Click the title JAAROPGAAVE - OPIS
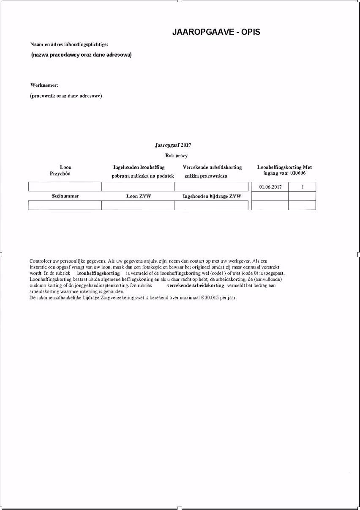tap(216, 32)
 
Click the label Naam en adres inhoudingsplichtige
tap(70, 44)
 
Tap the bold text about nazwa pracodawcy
tap(82, 55)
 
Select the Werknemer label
tap(44, 85)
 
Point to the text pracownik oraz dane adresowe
tap(66, 96)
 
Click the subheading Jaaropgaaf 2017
tap(173, 145)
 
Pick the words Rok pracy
tap(176, 156)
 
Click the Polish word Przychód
tap(60, 174)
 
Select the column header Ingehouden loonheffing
tap(139, 167)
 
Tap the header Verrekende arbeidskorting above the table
tap(212, 167)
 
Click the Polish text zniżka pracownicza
tap(206, 176)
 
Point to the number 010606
tap(298, 173)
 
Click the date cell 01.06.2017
tap(270, 187)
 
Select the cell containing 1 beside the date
tap(302, 187)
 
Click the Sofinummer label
tap(65, 196)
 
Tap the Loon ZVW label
tap(139, 196)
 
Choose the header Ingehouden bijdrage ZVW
tap(212, 196)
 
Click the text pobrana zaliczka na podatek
tap(143, 176)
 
